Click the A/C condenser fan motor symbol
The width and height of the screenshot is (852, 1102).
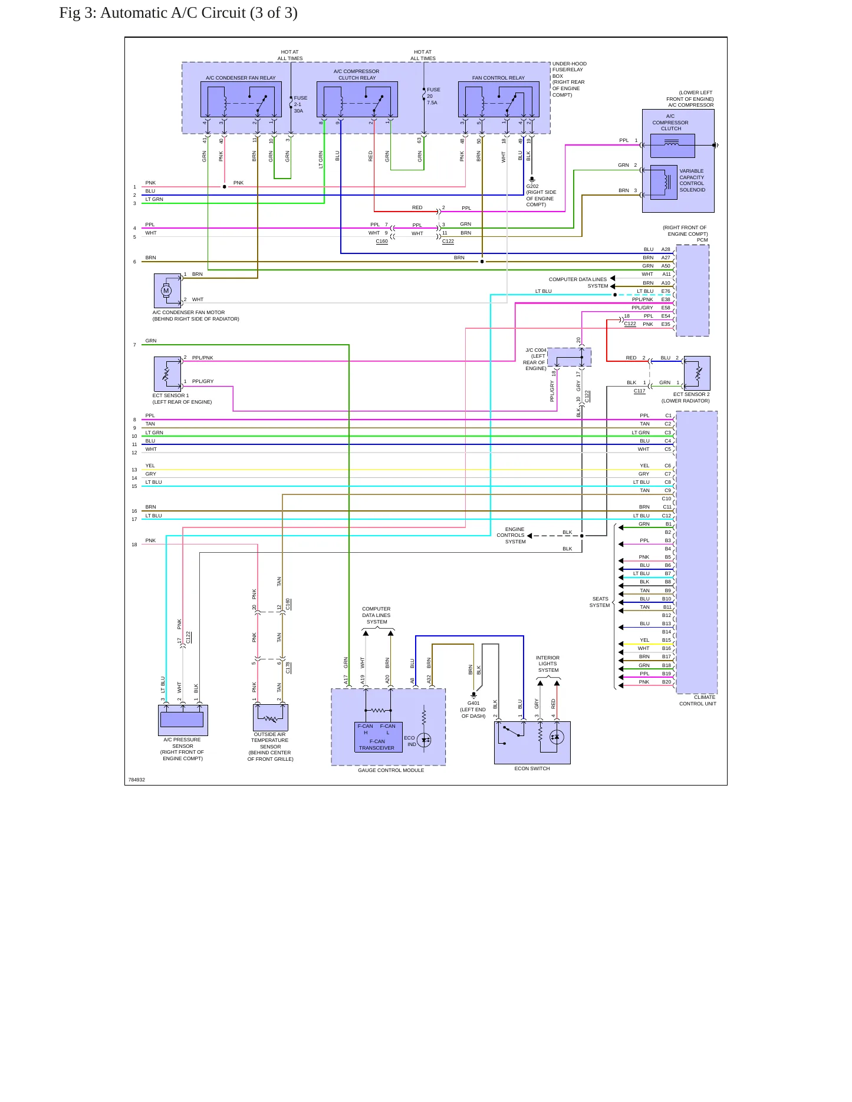(x=167, y=291)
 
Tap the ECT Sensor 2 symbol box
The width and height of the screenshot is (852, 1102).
(x=697, y=373)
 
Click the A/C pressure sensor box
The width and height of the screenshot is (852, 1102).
(x=183, y=720)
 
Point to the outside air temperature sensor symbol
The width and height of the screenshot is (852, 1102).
(x=271, y=717)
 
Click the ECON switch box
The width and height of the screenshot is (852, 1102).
(x=532, y=743)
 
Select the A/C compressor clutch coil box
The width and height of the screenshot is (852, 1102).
(x=672, y=146)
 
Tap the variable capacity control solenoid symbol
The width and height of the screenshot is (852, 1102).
(x=663, y=182)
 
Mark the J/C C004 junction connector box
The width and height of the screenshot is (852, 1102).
(x=569, y=357)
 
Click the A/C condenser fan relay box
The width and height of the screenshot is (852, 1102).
(x=241, y=100)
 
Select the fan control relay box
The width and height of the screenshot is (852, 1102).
(x=499, y=100)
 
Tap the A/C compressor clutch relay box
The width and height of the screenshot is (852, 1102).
(x=357, y=100)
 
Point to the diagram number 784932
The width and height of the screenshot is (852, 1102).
(x=137, y=780)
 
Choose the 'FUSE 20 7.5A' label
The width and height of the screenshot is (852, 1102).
(x=433, y=96)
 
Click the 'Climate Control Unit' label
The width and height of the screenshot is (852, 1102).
(x=698, y=700)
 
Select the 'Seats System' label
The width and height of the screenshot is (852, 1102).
(x=600, y=602)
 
